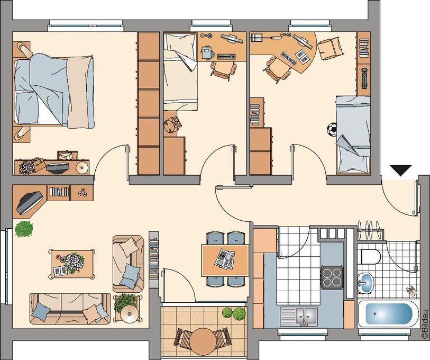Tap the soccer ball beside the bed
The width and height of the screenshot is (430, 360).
332,129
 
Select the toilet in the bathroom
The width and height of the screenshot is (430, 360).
371,257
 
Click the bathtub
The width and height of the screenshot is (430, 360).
389,314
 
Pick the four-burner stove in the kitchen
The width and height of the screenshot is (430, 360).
332,277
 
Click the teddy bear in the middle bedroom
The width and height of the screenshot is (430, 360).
172,124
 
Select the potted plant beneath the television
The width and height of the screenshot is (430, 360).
24,229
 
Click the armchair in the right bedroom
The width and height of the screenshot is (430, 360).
330,48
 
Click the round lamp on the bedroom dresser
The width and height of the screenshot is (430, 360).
81,167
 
